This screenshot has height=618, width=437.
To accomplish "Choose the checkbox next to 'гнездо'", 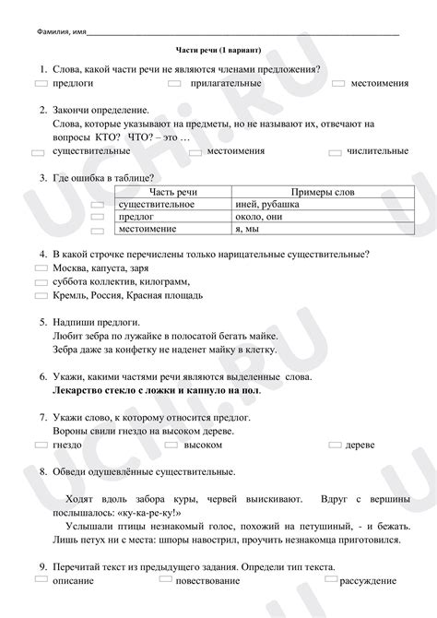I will pos(40,444).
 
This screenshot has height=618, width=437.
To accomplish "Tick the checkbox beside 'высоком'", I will pos(171,444).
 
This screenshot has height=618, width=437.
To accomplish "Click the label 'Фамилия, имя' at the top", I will pos(54,30).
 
